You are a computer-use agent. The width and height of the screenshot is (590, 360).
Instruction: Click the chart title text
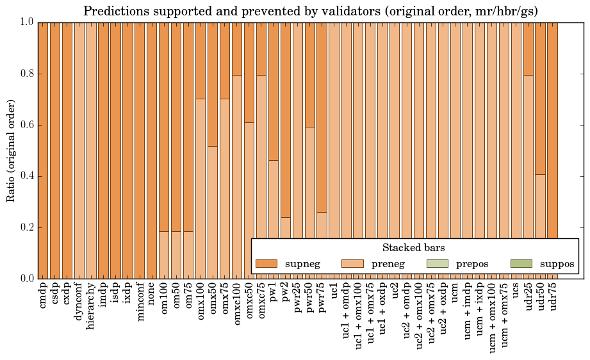(310, 11)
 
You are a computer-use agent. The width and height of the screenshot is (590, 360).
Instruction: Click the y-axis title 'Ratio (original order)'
(11, 150)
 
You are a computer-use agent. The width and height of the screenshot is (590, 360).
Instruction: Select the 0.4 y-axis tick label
(26, 176)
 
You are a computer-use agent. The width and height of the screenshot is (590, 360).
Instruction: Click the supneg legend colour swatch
(266, 263)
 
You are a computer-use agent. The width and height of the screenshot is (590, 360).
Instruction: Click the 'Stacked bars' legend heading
(413, 248)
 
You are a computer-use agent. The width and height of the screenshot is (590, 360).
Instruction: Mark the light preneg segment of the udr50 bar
(541, 205)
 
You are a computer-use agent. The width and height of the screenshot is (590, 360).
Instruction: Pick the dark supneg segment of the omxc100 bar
(237, 49)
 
